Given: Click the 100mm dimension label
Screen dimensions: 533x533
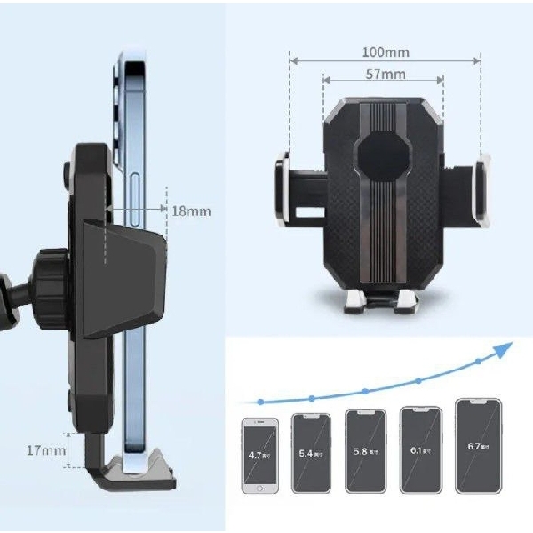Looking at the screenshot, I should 384,52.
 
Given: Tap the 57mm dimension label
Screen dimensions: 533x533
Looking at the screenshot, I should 384,75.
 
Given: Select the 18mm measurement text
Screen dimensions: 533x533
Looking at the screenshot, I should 191,211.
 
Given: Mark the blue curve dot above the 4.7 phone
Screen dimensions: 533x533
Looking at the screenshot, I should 260,402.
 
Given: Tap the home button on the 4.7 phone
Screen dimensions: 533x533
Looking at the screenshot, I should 260,488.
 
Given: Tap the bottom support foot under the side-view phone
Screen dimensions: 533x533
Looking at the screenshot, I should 133,472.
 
